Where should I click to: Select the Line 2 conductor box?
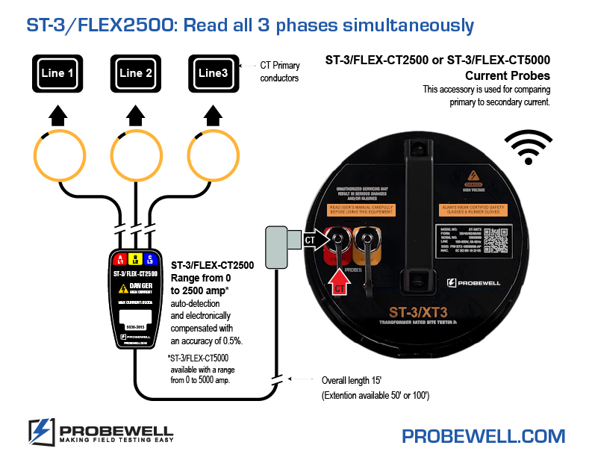tap(135, 73)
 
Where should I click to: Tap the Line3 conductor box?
tap(213, 73)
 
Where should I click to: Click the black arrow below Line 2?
tap(135, 115)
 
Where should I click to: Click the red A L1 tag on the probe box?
tap(120, 260)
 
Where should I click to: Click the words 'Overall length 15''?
tap(355, 379)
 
